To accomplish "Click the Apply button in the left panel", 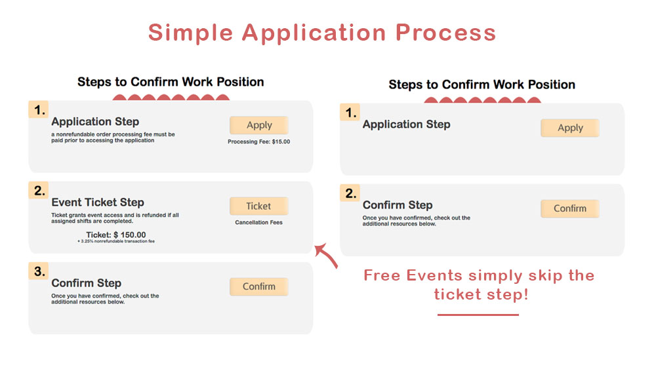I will [x=259, y=125].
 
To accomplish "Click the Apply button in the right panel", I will [x=570, y=128].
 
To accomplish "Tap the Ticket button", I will [x=258, y=206].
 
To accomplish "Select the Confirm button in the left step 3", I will [x=259, y=286].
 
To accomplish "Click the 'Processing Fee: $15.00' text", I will [x=258, y=142].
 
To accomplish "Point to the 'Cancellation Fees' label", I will [x=258, y=222].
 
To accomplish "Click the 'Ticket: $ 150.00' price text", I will [x=116, y=235].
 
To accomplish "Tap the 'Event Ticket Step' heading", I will [x=97, y=203].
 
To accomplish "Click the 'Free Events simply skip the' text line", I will [x=479, y=275].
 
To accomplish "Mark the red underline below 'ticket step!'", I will [x=478, y=315].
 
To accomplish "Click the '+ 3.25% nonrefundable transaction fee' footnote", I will [x=116, y=242].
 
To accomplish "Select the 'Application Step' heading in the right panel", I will [x=406, y=125].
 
